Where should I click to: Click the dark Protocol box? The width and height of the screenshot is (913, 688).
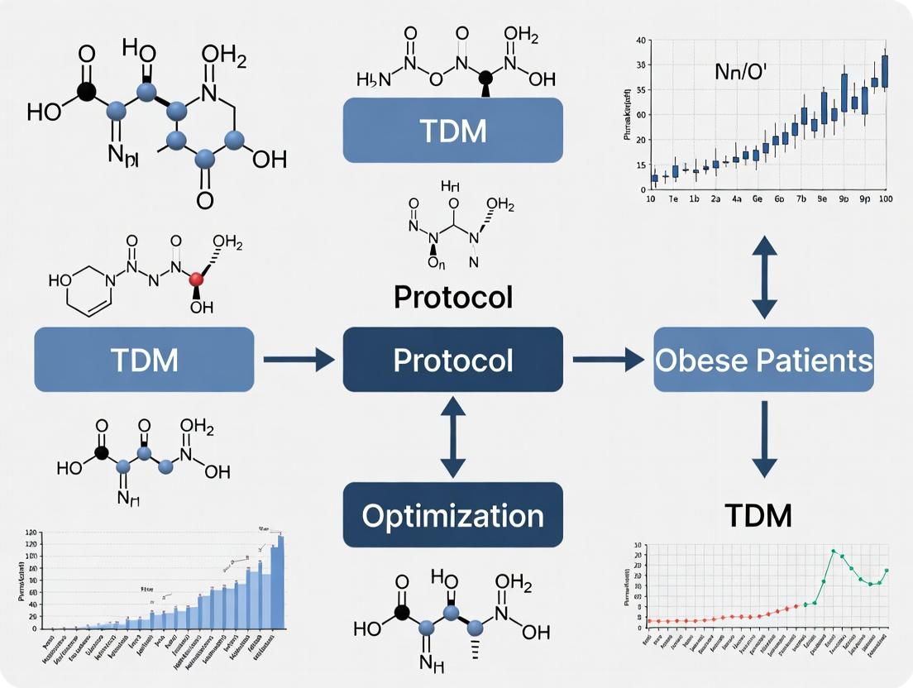point(452,360)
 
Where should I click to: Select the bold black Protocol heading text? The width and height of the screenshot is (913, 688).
point(452,296)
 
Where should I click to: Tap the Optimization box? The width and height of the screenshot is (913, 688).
point(452,515)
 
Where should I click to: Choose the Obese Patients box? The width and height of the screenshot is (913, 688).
point(763,360)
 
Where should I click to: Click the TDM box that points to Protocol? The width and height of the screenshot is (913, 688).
point(144,360)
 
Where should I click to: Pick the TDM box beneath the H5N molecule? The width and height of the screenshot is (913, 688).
point(452,130)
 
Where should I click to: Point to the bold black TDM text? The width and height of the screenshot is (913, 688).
point(758,515)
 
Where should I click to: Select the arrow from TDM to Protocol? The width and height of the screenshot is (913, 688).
point(299,360)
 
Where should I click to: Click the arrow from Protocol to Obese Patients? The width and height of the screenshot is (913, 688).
point(608,360)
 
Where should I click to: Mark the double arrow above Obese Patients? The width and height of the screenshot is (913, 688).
point(763,276)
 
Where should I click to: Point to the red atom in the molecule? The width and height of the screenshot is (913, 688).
point(196,280)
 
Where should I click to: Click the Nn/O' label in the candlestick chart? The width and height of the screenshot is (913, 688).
point(740,71)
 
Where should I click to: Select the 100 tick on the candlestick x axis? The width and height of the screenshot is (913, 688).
point(887,199)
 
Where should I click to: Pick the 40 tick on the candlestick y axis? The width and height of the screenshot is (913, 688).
point(641,41)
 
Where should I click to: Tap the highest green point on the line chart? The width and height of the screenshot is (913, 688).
point(834,551)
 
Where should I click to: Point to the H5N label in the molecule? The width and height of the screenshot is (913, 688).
point(372,80)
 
